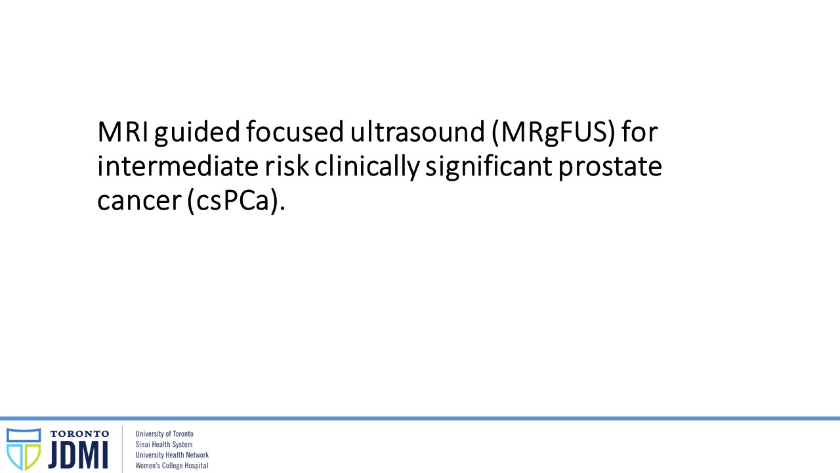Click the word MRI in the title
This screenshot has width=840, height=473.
[x=123, y=132]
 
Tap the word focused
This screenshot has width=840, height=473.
[x=295, y=131]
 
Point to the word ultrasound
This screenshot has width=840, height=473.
[x=417, y=131]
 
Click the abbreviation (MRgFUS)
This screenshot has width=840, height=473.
[x=553, y=133]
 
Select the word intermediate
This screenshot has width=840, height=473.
[x=178, y=166]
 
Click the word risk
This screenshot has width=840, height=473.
[x=287, y=166]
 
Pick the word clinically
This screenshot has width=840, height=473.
[x=367, y=168]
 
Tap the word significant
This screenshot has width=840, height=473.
[x=489, y=168]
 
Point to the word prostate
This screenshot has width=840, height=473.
[x=610, y=168]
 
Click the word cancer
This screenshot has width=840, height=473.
[x=139, y=201]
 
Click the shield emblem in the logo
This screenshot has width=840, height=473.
[x=24, y=449]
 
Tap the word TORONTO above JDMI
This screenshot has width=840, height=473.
[x=79, y=434]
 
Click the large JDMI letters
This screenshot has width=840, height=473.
[x=78, y=455]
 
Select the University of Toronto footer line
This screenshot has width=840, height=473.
[x=164, y=434]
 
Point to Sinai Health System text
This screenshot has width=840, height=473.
[x=164, y=445]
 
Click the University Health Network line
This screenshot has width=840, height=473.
[x=172, y=455]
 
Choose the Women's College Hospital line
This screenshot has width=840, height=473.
[x=172, y=466]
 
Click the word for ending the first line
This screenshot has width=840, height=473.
[x=639, y=131]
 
